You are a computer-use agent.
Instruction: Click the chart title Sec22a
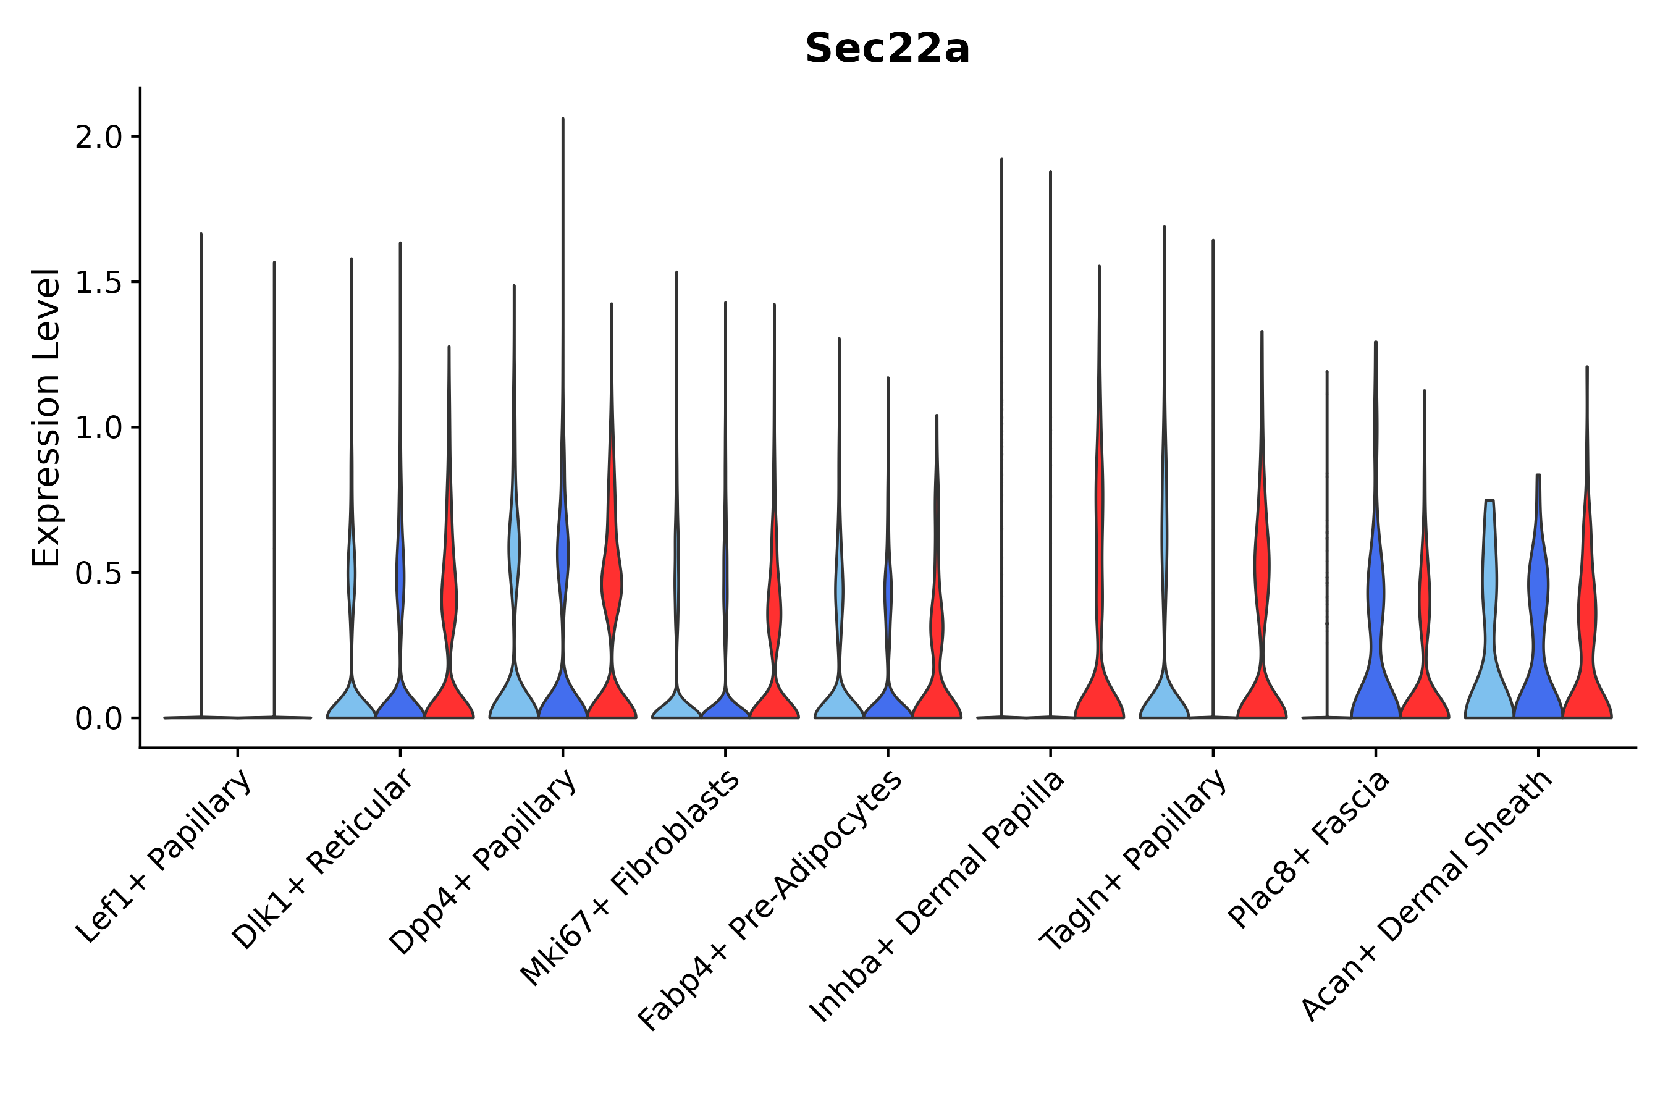(x=887, y=49)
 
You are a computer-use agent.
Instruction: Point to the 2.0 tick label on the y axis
(x=99, y=138)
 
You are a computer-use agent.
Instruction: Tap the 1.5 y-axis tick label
(x=99, y=283)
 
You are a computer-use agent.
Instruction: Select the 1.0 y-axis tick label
(x=99, y=428)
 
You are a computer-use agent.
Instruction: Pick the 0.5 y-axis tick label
(x=99, y=574)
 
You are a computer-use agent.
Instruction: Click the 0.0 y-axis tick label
(x=99, y=719)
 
